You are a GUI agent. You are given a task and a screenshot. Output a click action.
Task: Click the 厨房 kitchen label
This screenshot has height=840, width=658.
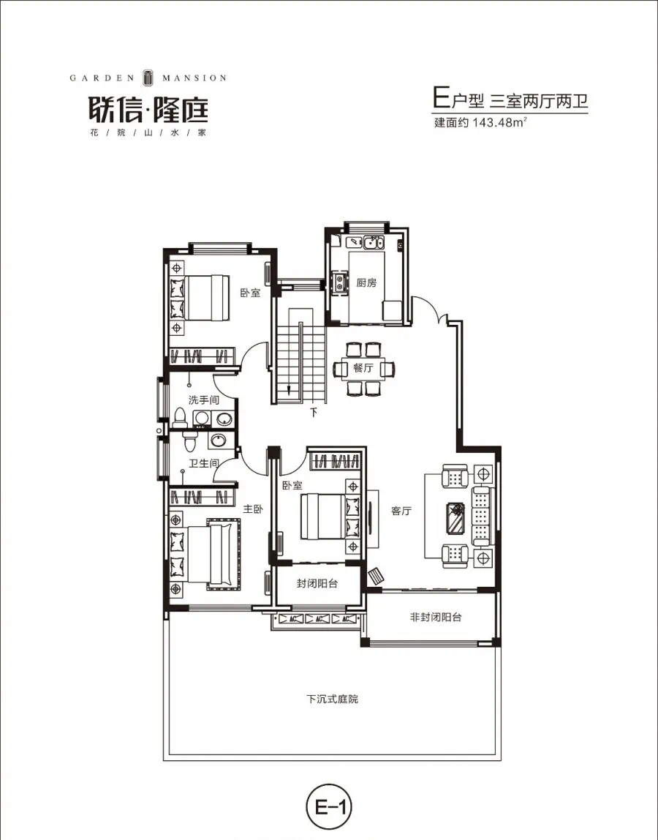point(367,282)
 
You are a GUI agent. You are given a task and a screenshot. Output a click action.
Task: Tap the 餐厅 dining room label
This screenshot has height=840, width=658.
point(363,368)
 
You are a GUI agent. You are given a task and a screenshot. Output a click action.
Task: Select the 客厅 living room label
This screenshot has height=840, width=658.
point(401,511)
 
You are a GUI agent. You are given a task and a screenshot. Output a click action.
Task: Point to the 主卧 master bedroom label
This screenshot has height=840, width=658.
point(253,509)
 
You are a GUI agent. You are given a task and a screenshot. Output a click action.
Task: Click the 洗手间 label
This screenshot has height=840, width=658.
point(203,400)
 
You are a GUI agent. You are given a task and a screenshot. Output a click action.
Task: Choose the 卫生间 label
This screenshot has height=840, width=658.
point(203,463)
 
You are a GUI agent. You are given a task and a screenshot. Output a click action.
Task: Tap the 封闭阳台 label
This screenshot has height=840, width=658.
point(317,583)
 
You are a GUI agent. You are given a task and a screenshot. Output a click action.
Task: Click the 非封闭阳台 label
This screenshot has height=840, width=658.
point(435,617)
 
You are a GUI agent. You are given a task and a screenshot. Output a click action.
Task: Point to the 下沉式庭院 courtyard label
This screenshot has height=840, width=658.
point(332,699)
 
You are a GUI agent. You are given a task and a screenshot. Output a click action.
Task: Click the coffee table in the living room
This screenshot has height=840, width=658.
point(456,518)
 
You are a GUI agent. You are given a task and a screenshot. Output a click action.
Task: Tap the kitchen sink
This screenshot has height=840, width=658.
point(373,244)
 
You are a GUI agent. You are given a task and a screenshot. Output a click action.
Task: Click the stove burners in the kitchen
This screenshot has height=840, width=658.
point(339,282)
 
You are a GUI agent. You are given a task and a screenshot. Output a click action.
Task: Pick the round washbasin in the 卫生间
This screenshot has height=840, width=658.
point(218,440)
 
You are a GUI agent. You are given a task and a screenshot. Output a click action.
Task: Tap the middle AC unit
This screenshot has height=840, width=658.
point(319,619)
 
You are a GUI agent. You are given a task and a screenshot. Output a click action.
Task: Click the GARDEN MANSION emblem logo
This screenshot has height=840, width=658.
point(148,78)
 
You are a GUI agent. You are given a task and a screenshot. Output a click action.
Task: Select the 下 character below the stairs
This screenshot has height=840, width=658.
point(314,413)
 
